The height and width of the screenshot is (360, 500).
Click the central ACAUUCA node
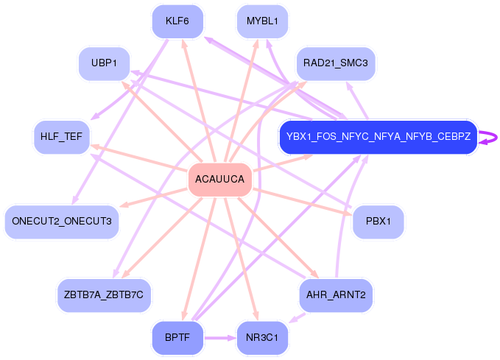219,180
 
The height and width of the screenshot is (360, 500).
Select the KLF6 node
177,21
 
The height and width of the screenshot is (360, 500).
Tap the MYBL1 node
262,21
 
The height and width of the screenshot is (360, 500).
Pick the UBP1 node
105,63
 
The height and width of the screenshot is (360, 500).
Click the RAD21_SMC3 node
336,63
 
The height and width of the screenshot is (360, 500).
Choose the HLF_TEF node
62,137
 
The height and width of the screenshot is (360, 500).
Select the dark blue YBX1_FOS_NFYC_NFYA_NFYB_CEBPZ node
378,137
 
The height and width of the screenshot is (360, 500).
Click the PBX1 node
378,222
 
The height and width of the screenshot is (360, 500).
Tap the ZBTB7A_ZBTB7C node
105,295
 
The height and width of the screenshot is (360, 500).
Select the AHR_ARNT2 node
336,295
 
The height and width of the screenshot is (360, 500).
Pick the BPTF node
177,338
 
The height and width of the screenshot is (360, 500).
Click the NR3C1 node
262,338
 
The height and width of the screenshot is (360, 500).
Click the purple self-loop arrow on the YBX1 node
489,137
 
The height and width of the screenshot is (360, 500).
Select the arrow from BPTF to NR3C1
219,338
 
